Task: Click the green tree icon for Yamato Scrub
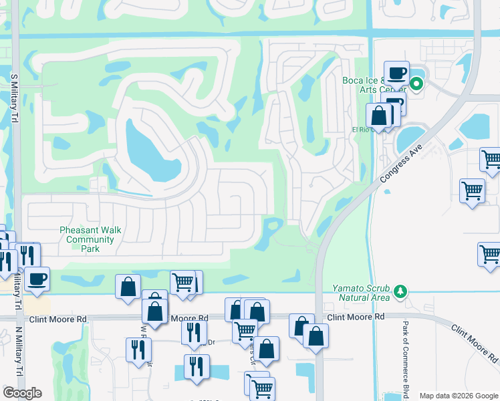click(x=400, y=291)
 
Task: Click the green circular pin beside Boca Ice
click(x=416, y=84)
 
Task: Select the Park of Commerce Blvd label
click(x=405, y=358)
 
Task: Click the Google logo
click(x=23, y=393)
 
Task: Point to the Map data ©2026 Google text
click(x=458, y=396)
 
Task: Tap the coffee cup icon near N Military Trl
click(x=37, y=278)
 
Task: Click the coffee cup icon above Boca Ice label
click(x=396, y=72)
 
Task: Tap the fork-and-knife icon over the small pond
click(x=197, y=366)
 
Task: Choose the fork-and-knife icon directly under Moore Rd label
click(x=194, y=332)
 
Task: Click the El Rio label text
click(x=360, y=129)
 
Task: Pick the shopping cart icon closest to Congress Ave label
click(x=472, y=191)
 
